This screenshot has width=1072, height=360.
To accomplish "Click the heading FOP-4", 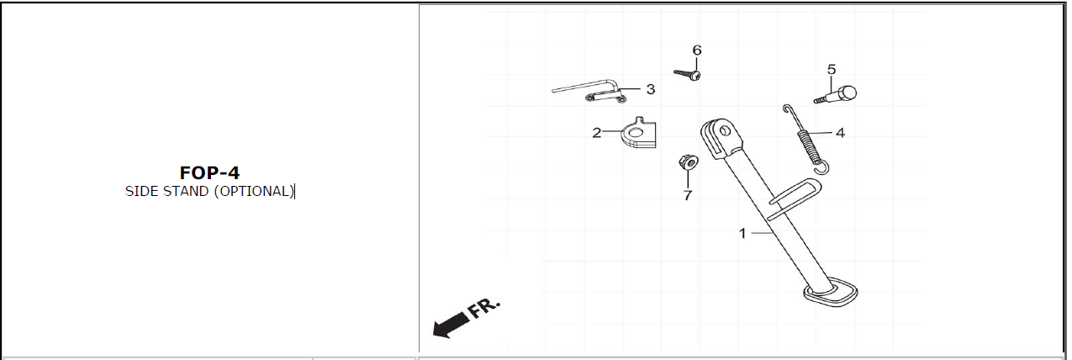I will click(x=209, y=173).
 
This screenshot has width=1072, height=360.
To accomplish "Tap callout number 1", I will click(x=742, y=233).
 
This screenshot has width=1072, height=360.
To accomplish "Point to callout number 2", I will click(x=596, y=133).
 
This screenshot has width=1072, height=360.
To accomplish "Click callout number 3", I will click(x=651, y=88).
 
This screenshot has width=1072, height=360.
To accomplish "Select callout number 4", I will click(x=840, y=132).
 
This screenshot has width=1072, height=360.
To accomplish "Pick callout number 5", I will click(x=832, y=69).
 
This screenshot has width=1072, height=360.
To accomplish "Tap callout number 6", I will click(x=696, y=50).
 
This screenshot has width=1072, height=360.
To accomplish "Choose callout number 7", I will click(x=687, y=195).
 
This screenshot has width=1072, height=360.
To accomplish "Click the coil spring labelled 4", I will click(x=808, y=142).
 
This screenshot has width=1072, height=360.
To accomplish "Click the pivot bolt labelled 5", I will click(x=837, y=93).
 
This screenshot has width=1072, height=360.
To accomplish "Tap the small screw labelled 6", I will click(x=688, y=75).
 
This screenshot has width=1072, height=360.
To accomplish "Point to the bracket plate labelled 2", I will click(x=638, y=134).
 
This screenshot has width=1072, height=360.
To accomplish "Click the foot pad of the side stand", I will click(x=831, y=294).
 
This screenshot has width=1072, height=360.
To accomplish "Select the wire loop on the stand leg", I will click(x=794, y=193).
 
